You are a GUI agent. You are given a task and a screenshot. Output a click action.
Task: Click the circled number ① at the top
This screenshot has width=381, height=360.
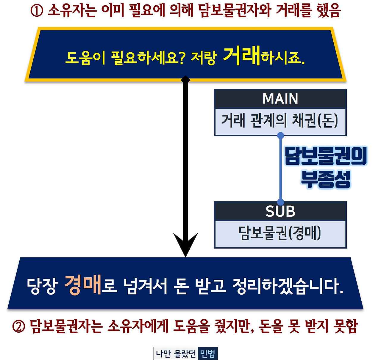tap(37, 11)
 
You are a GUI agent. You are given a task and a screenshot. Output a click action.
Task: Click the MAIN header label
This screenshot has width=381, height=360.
tap(280, 99)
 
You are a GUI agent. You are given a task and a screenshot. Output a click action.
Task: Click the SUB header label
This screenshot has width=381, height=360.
tap(280, 211)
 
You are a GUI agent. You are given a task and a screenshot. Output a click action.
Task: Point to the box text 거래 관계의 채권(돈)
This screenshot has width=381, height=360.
tap(280, 121)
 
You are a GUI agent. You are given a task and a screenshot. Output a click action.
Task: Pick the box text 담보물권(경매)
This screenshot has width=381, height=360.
tap(280, 233)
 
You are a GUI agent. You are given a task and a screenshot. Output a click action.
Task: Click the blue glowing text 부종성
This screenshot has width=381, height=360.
tap(326, 179)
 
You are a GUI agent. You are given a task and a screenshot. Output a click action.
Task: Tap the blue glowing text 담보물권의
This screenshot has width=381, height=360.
tap(326, 156)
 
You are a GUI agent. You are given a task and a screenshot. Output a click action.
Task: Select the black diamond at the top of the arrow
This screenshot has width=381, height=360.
tap(185, 80)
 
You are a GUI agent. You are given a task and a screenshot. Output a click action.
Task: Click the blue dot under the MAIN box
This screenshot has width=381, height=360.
tap(280, 136)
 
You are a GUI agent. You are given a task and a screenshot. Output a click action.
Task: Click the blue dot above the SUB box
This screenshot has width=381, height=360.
tap(280, 202)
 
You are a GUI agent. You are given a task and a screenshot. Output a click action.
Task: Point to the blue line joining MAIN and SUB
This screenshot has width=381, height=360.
tap(280, 169)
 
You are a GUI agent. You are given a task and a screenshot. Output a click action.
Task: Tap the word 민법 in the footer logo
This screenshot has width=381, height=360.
tap(207, 354)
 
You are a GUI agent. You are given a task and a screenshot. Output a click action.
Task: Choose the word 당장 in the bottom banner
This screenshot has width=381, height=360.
tap(42, 286)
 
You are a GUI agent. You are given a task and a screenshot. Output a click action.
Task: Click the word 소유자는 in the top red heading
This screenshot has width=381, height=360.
tap(72, 11)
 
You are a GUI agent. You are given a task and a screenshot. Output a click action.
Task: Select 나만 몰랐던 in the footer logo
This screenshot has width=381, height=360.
tap(176, 354)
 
